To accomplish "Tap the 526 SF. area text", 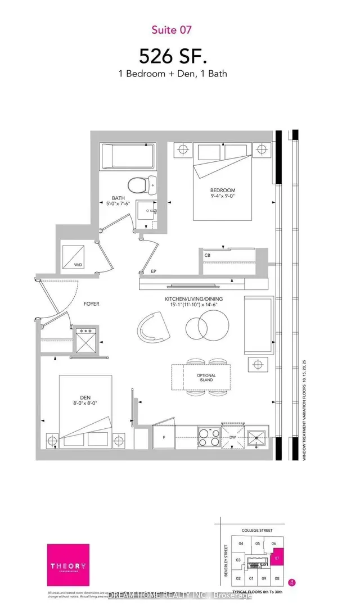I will (179, 56).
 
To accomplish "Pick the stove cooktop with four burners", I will (210, 436).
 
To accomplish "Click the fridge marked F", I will (164, 437).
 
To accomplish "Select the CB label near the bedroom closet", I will (208, 256).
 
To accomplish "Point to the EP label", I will (153, 271).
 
